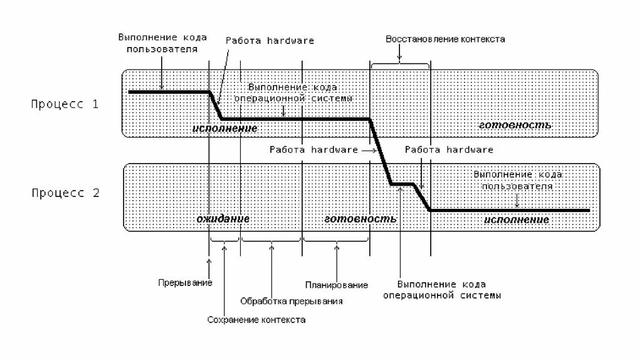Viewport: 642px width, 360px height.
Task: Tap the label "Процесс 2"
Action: (x=65, y=193)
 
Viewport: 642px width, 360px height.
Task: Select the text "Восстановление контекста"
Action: (x=445, y=39)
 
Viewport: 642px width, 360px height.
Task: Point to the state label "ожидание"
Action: (x=223, y=219)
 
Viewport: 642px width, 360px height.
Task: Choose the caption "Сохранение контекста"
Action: (x=256, y=320)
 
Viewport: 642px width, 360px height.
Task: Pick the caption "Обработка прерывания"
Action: (x=291, y=301)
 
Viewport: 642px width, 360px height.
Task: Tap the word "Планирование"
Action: (x=337, y=285)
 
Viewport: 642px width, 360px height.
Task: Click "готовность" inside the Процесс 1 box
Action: (x=515, y=125)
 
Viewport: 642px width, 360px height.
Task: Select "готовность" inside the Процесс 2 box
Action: (x=360, y=219)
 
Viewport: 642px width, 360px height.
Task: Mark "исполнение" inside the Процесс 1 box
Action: (x=224, y=128)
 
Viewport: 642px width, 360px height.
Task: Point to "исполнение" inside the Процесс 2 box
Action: (x=516, y=220)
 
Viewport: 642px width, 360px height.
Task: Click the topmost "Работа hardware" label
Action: (x=270, y=41)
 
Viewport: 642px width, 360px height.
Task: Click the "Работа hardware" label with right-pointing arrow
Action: (x=313, y=150)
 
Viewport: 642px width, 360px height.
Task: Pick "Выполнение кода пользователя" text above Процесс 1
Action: (x=162, y=43)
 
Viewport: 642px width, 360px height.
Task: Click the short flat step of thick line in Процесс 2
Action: (x=402, y=184)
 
